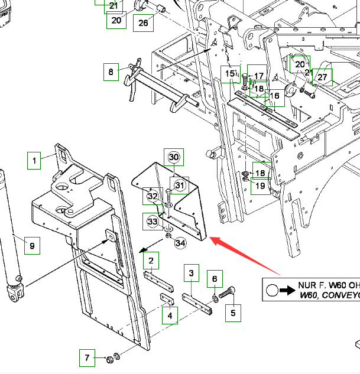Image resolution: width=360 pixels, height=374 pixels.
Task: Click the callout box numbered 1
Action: point(34,160)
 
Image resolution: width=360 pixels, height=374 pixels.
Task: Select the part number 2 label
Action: point(151,261)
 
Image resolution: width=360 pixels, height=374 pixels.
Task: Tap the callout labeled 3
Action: point(191,273)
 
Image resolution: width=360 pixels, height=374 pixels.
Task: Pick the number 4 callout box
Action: point(170,315)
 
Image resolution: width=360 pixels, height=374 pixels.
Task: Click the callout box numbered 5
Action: point(232,313)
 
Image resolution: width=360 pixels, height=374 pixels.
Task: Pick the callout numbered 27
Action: point(322,77)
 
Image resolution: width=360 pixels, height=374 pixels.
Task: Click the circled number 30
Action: point(174,157)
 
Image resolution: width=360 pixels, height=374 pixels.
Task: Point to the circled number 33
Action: point(153,222)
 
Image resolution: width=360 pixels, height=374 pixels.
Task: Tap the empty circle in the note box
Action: point(272,290)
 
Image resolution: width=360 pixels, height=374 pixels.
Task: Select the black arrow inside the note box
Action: point(287,290)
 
